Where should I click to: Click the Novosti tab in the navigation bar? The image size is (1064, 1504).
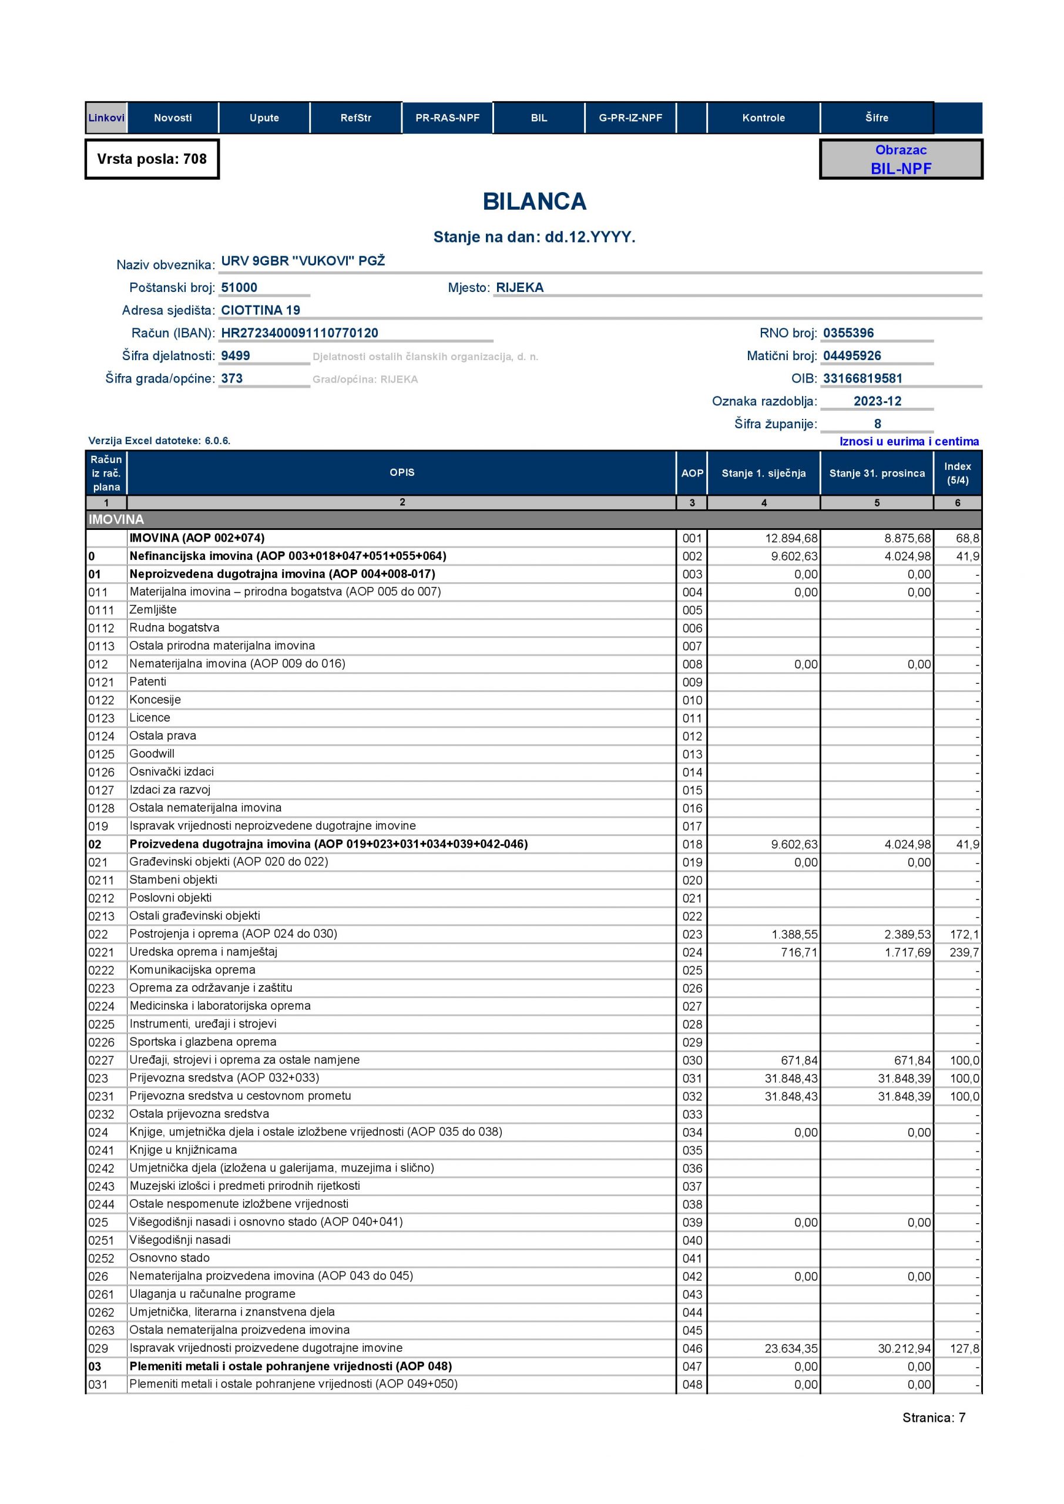tap(172, 118)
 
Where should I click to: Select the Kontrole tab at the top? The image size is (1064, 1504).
tap(763, 118)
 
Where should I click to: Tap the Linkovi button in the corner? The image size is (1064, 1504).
tap(106, 118)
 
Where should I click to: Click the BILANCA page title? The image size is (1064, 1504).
tap(534, 202)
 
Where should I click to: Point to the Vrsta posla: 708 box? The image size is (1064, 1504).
tap(152, 159)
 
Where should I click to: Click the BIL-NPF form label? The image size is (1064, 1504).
tap(900, 169)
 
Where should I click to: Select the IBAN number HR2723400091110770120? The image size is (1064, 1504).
tap(300, 333)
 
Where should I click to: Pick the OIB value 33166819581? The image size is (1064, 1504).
tap(862, 378)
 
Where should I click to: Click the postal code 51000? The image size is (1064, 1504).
tap(239, 287)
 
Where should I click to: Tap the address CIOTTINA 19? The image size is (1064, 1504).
tap(260, 311)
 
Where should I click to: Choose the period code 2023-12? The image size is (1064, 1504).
tap(877, 401)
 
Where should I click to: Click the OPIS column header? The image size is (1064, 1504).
tap(402, 472)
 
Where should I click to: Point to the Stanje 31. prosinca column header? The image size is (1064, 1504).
tap(877, 473)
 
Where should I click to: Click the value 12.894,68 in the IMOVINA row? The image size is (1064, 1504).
tap(791, 539)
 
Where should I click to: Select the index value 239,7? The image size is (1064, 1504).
tap(964, 952)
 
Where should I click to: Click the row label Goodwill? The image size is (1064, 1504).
tap(152, 754)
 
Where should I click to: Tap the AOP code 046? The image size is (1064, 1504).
tap(692, 1349)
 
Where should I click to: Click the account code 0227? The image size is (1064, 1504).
tap(101, 1060)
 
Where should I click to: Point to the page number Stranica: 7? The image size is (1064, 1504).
tap(934, 1418)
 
